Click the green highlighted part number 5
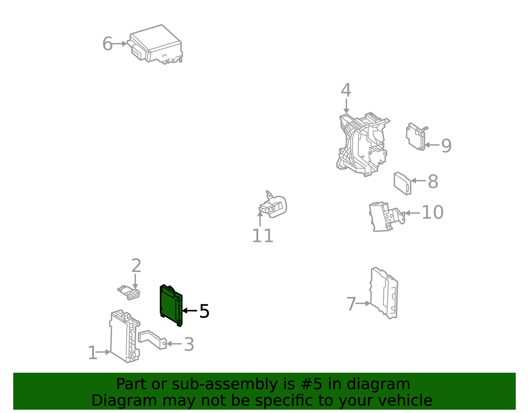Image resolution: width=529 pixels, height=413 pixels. click(171, 305)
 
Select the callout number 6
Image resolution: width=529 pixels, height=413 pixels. click(107, 44)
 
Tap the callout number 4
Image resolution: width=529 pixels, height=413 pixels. click(346, 90)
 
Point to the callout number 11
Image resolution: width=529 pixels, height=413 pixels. click(263, 236)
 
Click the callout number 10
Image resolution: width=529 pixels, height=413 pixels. click(432, 212)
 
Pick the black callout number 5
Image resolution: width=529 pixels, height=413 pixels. click(204, 311)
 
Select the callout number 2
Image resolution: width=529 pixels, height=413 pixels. click(136, 266)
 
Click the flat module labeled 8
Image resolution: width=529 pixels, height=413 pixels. click(402, 184)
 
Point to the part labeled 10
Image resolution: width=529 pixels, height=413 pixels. click(387, 217)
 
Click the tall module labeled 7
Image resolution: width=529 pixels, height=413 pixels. click(384, 293)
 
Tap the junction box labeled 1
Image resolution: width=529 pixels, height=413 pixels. click(125, 336)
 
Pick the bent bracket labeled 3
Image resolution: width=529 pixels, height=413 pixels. click(152, 340)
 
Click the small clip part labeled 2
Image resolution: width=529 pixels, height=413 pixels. click(129, 293)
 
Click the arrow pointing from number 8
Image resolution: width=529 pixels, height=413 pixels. click(418, 181)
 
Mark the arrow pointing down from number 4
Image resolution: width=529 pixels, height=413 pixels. click(346, 106)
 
